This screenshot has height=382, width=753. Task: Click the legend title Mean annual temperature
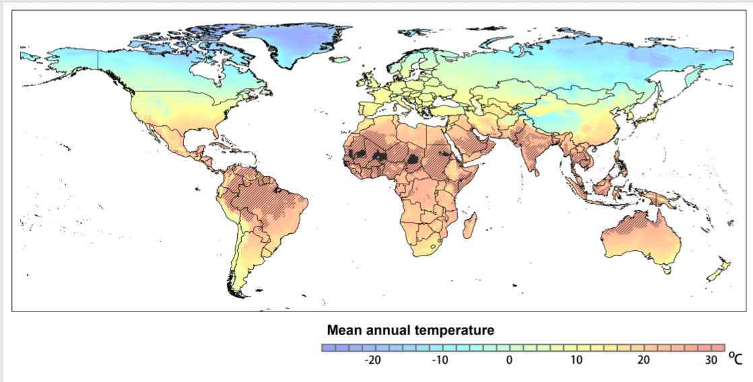[410, 331]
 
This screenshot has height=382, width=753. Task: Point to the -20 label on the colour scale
[372, 360]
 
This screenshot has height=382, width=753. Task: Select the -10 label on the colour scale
[440, 360]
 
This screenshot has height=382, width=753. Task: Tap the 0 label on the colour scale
[509, 360]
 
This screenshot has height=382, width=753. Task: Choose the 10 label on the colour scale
[576, 360]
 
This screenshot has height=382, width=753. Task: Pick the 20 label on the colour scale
[644, 360]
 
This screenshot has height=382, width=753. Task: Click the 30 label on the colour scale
[712, 360]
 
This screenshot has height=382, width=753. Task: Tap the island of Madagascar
[471, 226]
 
